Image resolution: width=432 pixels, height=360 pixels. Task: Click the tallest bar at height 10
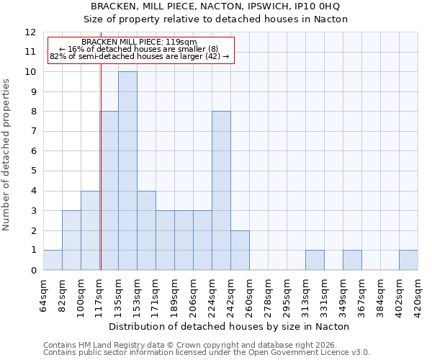[127, 171]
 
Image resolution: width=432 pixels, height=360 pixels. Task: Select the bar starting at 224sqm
[221, 191]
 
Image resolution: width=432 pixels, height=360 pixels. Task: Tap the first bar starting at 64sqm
[53, 260]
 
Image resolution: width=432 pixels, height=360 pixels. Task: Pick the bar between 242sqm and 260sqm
[240, 250]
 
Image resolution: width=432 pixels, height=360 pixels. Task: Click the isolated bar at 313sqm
[315, 260]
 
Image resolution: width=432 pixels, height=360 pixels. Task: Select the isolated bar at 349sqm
[352, 260]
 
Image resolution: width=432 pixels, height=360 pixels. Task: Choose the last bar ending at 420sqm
[408, 260]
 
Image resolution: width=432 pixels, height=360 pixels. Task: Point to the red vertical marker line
[101, 180]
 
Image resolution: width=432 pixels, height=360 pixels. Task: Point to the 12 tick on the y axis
[30, 32]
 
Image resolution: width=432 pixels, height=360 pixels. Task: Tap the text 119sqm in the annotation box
[180, 42]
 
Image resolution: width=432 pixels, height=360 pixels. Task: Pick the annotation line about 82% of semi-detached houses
[139, 56]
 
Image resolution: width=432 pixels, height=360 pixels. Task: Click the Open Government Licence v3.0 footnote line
[207, 352]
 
